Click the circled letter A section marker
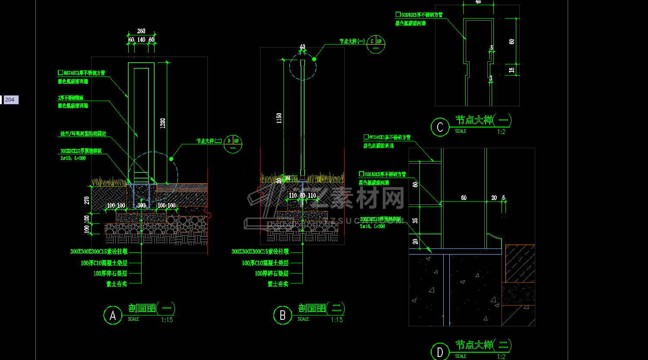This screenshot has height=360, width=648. pos(113,315)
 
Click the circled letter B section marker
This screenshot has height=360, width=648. pos(283,315)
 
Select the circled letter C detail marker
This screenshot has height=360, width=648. pos(440,127)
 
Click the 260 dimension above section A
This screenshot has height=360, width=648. pos(141,31)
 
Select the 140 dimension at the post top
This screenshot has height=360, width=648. pos(141,40)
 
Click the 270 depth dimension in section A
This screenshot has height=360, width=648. pos(87,200)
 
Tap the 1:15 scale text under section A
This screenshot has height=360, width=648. pos(167,320)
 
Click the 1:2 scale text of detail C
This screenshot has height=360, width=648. pos(501,132)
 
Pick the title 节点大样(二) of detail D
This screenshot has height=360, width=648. pos(483,345)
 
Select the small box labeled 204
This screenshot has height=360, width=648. pos(10,100)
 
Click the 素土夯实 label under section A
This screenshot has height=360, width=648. pos(117,284)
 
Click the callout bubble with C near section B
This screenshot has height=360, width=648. pos(375,45)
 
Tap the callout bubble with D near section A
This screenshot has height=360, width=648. pos(233,144)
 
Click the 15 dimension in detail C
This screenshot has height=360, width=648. pos(512,70)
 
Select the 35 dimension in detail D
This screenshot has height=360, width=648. pos(415,220)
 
